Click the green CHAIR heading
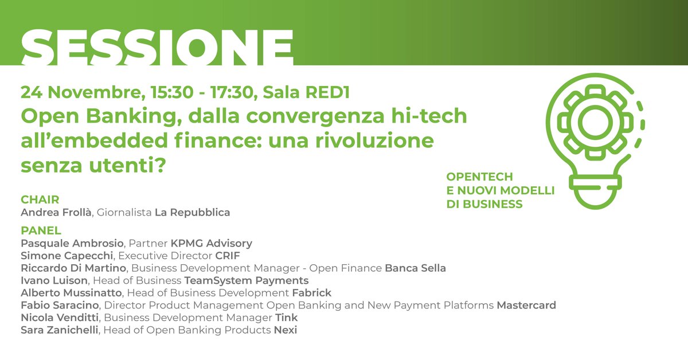pos(40,200)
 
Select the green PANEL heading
pos(41,231)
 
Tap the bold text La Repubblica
pos(192,213)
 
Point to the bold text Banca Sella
pos(415,268)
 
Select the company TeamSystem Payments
pos(247,281)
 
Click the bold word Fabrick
pos(312,293)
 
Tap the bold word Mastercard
pos(526,306)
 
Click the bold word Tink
pos(286,318)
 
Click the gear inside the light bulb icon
pos(596,122)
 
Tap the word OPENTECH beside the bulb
pos(479,177)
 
